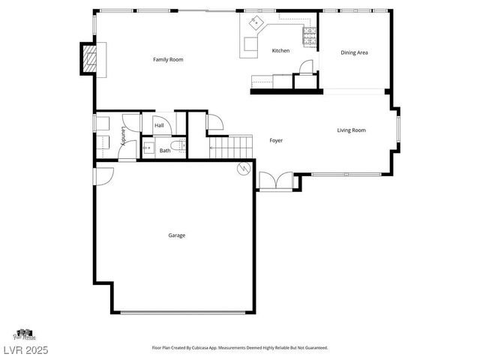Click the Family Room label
pyautogui.click(x=168, y=59)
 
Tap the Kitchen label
pyautogui.click(x=280, y=51)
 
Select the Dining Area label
pyautogui.click(x=354, y=52)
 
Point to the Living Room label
pyautogui.click(x=351, y=130)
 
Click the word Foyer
pyautogui.click(x=276, y=140)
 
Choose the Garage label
pyautogui.click(x=176, y=235)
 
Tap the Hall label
pyautogui.click(x=159, y=125)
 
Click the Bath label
pyautogui.click(x=164, y=151)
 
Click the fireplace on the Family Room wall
pyautogui.click(x=89, y=60)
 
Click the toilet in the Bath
pyautogui.click(x=178, y=147)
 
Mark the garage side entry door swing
pyautogui.click(x=103, y=175)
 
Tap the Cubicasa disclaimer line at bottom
pyautogui.click(x=239, y=348)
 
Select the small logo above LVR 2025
pyautogui.click(x=23, y=334)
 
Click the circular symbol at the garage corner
pyautogui.click(x=242, y=169)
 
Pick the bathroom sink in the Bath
pyautogui.click(x=148, y=148)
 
